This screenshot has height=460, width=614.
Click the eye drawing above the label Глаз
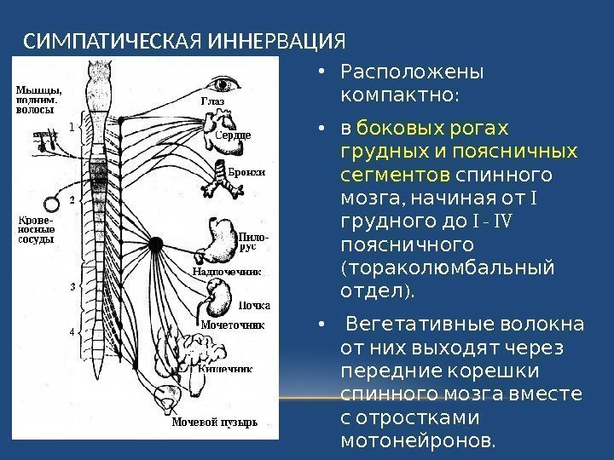[227, 84]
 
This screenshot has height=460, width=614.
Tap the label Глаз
[212, 102]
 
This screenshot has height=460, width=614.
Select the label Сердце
[233, 135]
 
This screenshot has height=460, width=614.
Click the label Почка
[255, 305]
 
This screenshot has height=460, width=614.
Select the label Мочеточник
[232, 325]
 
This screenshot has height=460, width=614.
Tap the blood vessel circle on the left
[53, 204]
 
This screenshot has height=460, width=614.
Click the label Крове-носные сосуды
[36, 230]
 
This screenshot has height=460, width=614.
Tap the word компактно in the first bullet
[398, 89]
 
